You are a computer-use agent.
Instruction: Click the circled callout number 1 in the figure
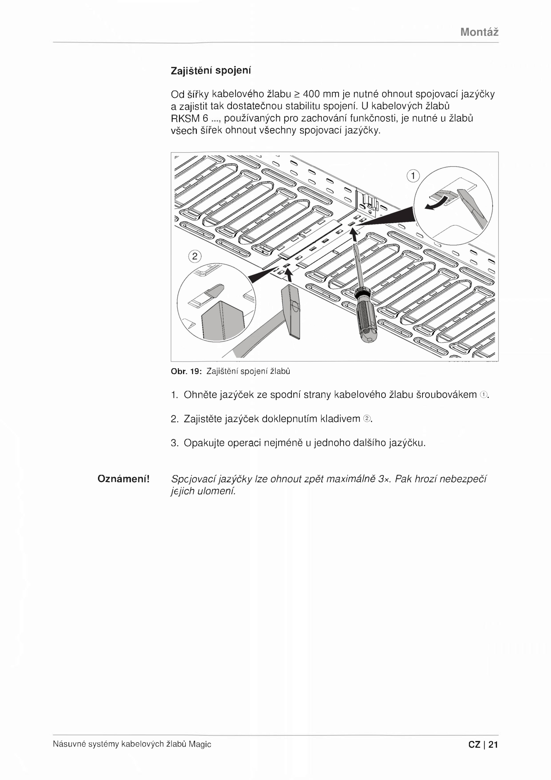[x=413, y=176]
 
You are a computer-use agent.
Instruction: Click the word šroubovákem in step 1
[x=447, y=395]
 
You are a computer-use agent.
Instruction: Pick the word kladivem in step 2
[x=340, y=419]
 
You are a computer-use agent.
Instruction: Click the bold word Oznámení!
[x=124, y=479]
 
